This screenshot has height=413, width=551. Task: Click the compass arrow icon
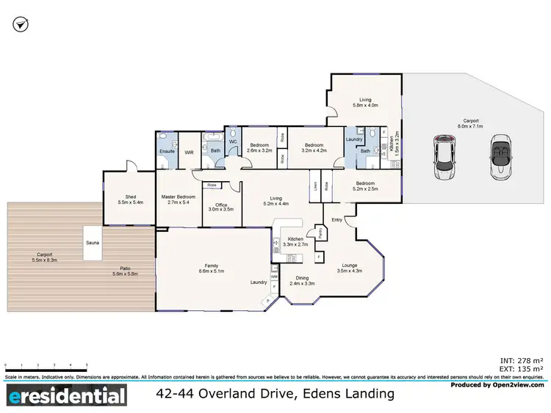(22, 25)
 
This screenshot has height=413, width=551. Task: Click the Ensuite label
(166, 151)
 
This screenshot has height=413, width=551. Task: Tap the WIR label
(188, 152)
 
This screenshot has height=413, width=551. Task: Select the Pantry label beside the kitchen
(320, 233)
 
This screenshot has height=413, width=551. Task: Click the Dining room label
(302, 278)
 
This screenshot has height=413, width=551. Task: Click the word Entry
(336, 219)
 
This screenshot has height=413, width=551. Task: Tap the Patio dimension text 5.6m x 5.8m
(124, 274)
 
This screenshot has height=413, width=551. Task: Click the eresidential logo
(67, 397)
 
